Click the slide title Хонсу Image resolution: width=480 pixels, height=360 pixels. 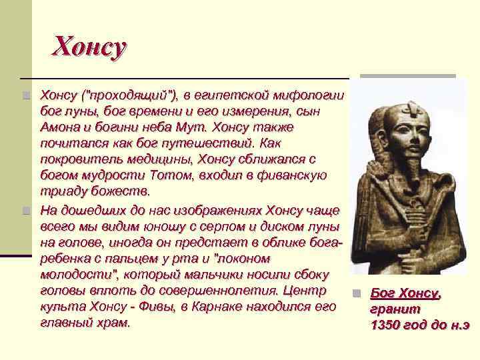click(89, 47)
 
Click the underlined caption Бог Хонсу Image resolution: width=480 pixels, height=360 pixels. click(405, 293)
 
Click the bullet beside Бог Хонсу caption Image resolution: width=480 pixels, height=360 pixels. click(357, 294)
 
